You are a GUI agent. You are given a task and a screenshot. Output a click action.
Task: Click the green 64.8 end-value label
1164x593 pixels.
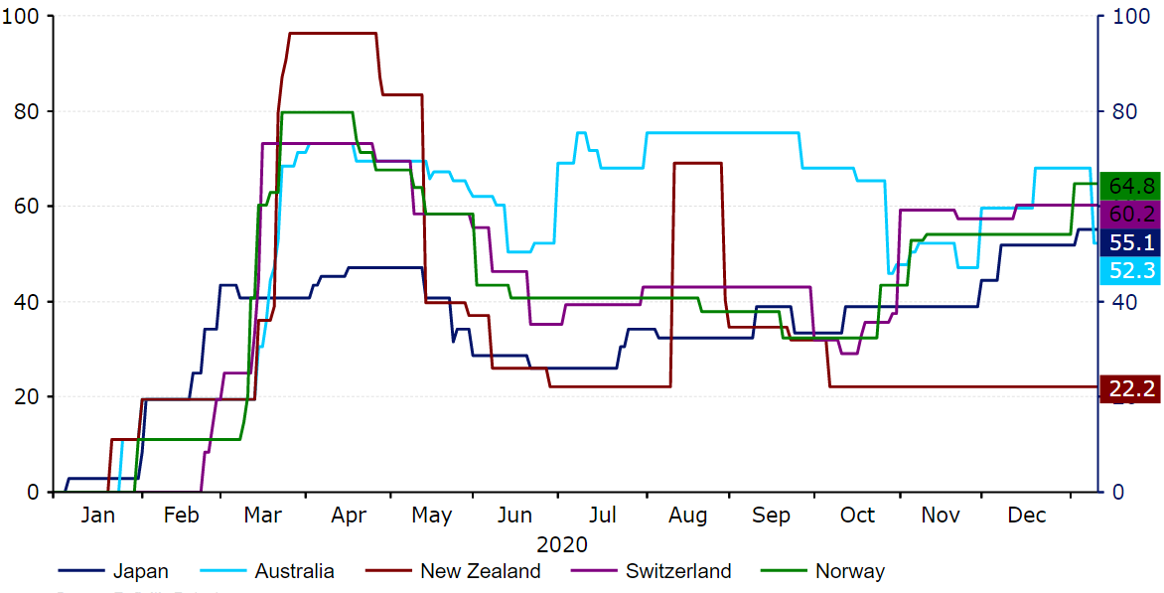pyautogui.click(x=1130, y=186)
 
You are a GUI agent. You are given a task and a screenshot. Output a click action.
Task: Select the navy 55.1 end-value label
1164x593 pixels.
pyautogui.click(x=1130, y=242)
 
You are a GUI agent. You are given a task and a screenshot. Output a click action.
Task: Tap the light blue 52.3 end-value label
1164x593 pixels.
pyautogui.click(x=1130, y=269)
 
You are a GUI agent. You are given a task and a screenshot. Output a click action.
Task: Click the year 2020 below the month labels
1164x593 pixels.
pyautogui.click(x=562, y=544)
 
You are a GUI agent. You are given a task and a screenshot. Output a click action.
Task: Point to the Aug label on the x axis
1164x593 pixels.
pyautogui.click(x=688, y=516)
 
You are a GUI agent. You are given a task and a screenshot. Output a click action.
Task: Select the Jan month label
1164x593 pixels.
pyautogui.click(x=97, y=516)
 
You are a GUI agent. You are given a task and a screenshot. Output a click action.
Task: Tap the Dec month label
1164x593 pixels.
pyautogui.click(x=1027, y=516)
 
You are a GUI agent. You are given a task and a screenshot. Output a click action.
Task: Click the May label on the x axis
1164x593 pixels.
pyautogui.click(x=432, y=516)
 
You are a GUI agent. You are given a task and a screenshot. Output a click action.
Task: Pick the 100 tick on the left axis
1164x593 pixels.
pyautogui.click(x=26, y=17)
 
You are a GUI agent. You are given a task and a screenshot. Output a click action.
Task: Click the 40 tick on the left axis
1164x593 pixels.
pyautogui.click(x=31, y=301)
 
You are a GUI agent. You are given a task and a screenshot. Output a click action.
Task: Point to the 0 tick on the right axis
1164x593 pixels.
pyautogui.click(x=1118, y=492)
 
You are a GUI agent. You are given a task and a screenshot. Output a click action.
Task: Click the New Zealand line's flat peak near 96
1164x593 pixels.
pyautogui.click(x=333, y=34)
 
